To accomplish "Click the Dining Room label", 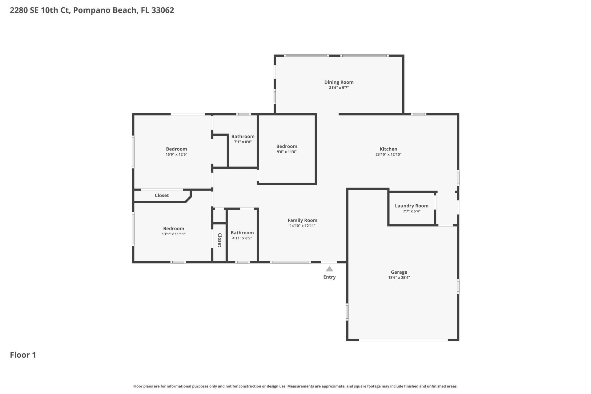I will click(x=339, y=82).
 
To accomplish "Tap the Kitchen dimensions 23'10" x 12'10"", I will click(x=388, y=155).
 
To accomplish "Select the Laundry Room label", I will click(x=412, y=206).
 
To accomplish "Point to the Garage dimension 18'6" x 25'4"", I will click(x=399, y=278).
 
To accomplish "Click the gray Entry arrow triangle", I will click(x=329, y=269).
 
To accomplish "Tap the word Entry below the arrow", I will click(x=329, y=277).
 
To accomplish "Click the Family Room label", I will click(x=302, y=220).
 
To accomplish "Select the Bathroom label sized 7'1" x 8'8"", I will click(x=243, y=136).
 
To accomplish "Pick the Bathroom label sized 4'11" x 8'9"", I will click(x=242, y=233).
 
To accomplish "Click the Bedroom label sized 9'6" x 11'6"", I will click(x=287, y=147).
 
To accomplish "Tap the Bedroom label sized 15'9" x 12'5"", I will click(x=176, y=149).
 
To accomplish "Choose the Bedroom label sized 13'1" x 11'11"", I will click(x=174, y=229).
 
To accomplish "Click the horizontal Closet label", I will click(x=162, y=195).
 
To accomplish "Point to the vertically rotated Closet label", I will click(x=219, y=240).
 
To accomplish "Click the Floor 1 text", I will click(x=23, y=355).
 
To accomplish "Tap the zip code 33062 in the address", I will click(x=163, y=10).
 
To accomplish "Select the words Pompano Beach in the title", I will click(x=105, y=10).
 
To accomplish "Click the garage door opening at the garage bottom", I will click(x=403, y=340).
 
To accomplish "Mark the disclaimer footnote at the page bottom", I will click(x=295, y=386).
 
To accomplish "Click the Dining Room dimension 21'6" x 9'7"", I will click(x=339, y=88).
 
